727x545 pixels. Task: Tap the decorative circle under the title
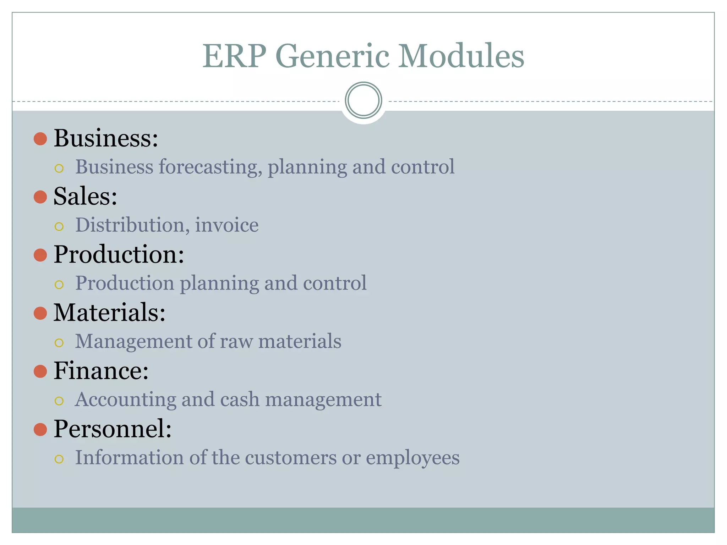363,100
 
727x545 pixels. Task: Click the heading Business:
106,138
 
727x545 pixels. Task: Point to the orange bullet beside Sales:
40,197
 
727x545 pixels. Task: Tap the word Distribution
130,225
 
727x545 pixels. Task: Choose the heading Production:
119,254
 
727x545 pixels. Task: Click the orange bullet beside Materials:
40,313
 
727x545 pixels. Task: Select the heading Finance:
101,371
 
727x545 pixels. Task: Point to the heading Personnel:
113,429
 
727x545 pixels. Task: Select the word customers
290,458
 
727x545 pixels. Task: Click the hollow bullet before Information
59,459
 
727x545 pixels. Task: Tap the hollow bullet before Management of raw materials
59,343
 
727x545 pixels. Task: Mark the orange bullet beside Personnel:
40,429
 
